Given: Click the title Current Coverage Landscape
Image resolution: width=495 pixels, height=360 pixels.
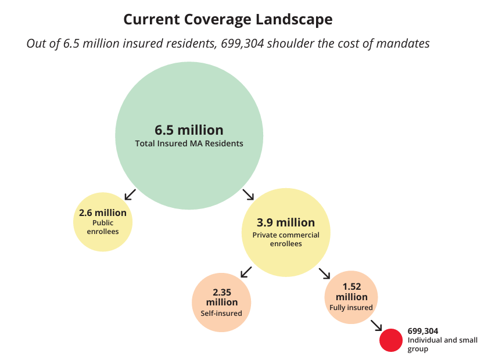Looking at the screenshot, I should tap(228, 19).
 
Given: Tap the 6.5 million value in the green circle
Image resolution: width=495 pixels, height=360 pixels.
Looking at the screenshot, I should tap(189, 129).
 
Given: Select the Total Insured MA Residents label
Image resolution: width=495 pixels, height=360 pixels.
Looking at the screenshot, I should tap(189, 143).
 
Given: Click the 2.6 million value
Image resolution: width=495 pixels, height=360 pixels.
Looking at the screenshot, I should tap(103, 213).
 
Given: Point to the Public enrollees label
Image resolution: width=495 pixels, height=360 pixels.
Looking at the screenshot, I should tap(103, 227).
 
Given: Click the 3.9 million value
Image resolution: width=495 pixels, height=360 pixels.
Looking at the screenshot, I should tap(286, 222).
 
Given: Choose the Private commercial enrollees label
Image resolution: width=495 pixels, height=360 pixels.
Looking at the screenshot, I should tap(286, 239).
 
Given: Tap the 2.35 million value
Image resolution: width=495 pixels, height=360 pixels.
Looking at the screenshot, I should tap(221, 297).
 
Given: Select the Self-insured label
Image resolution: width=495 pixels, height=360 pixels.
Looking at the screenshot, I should tap(221, 313).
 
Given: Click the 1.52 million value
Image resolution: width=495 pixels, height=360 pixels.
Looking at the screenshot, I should tap(351, 291).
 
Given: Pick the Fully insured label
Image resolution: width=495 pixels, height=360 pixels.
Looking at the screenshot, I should tap(351, 307).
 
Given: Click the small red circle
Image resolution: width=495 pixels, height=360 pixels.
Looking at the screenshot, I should tap(392, 340).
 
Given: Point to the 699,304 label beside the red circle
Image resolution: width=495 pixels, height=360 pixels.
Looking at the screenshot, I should tap(423, 331).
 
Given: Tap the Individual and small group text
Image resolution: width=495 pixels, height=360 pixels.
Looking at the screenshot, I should tap(442, 344).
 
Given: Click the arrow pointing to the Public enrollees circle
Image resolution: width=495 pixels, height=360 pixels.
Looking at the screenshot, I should tap(130, 194).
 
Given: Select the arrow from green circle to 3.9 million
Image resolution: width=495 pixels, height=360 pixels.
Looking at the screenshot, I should tap(248, 194).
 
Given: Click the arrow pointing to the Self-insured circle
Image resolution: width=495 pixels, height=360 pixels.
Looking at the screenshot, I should tap(246, 271).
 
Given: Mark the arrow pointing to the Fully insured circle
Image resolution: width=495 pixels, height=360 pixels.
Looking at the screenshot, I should tap(324, 272).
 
